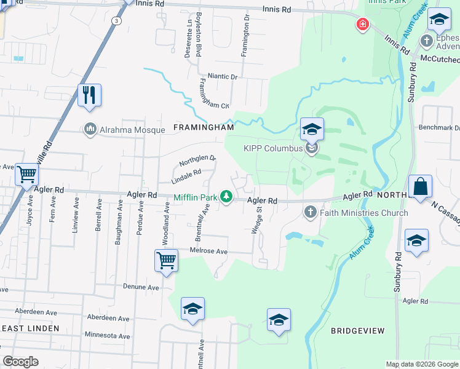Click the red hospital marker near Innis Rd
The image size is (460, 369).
pos(363,25)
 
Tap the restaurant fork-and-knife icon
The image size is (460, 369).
pos(89,95)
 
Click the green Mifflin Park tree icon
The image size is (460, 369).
pos(226,197)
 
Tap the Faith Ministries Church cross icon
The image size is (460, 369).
pos(309,213)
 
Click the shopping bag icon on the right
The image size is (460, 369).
pos(420,186)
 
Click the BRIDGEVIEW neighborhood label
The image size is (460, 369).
pos(357,331)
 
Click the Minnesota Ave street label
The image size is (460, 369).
pos(108,336)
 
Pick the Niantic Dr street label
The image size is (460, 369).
pos(221,77)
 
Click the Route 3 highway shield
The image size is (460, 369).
pos(116,20)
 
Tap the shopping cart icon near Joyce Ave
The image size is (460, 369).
pos(26,175)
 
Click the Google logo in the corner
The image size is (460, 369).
pos(20,362)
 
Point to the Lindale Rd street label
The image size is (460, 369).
pos(186,176)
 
